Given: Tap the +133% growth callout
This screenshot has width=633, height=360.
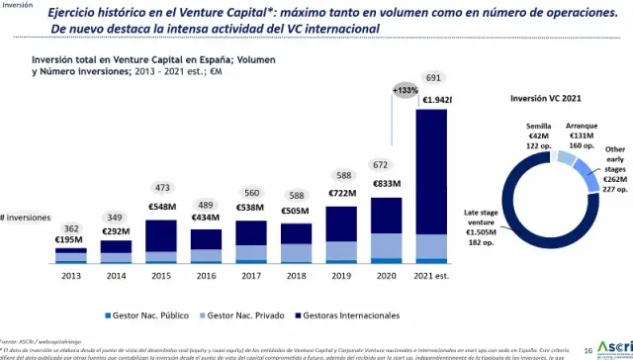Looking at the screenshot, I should (x=407, y=90).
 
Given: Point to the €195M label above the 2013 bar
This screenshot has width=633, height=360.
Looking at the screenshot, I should (x=69, y=240).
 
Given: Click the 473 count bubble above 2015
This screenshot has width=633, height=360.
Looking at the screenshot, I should (x=161, y=187).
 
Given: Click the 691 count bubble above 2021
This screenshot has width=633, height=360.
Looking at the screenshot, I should (x=434, y=78).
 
